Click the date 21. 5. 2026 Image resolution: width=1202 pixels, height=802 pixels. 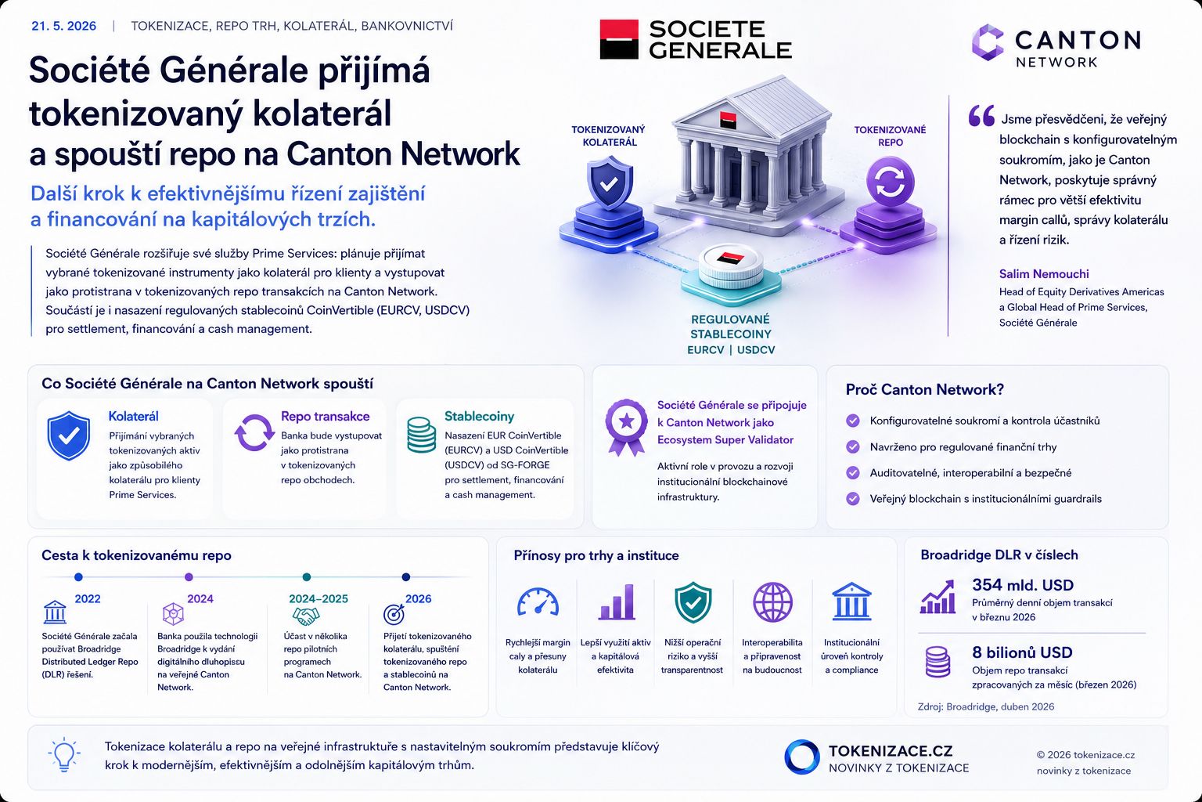tap(64, 26)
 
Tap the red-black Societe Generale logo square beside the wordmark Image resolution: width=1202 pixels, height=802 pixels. tap(619, 39)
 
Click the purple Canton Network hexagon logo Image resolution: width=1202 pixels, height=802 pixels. tap(988, 42)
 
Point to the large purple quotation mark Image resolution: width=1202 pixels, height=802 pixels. tap(981, 115)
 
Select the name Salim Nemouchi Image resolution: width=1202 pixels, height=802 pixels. tap(1044, 274)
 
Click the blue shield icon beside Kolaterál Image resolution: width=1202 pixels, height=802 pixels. tap(69, 435)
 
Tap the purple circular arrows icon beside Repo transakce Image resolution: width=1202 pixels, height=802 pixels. tap(254, 432)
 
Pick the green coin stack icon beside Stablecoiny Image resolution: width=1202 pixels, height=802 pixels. tap(421, 435)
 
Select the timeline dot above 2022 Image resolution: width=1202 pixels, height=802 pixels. tap(78, 577)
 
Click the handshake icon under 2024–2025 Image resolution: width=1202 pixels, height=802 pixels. tap(305, 616)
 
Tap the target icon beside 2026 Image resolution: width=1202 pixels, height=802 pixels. tap(394, 614)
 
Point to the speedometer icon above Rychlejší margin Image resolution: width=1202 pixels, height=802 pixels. tap(538, 601)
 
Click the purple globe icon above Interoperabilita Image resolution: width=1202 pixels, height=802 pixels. tap(772, 602)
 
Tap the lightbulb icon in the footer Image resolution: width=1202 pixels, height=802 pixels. tap(64, 755)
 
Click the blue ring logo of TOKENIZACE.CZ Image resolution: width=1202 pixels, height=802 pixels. tap(801, 757)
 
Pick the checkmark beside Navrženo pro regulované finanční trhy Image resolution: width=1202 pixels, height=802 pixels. tap(853, 447)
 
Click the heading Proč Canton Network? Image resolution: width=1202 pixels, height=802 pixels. tap(924, 389)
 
